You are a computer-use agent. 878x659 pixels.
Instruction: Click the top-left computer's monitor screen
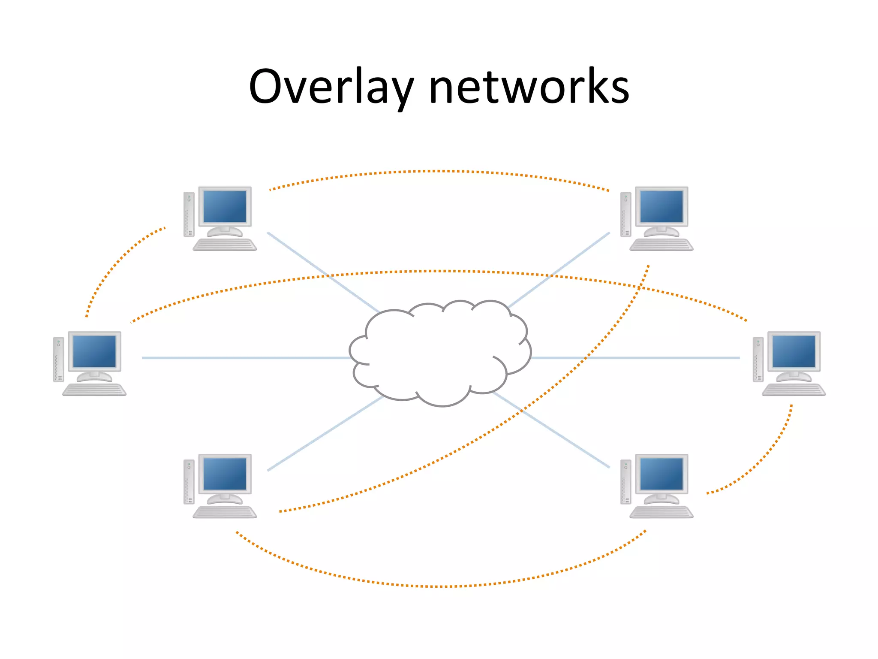(225, 206)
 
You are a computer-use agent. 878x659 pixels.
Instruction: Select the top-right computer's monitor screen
(662, 206)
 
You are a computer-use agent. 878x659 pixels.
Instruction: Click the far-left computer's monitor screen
(94, 351)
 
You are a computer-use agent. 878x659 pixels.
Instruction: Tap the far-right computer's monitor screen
(794, 351)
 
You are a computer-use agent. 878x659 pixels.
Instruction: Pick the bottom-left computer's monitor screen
(225, 474)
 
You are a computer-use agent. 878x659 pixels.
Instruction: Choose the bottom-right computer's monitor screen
(662, 474)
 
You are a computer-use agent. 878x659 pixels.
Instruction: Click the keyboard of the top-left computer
(225, 245)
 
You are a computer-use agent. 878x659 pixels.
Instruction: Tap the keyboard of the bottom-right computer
(662, 513)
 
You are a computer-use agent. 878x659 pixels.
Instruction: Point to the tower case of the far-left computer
(58, 360)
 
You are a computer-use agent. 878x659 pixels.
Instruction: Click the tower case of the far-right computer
(758, 360)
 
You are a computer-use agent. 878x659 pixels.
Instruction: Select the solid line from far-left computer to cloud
(244, 357)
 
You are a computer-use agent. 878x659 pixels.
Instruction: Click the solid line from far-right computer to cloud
(634, 357)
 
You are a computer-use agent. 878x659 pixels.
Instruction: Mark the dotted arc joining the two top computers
(439, 171)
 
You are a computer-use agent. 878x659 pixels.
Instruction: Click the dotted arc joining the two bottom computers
(439, 586)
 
